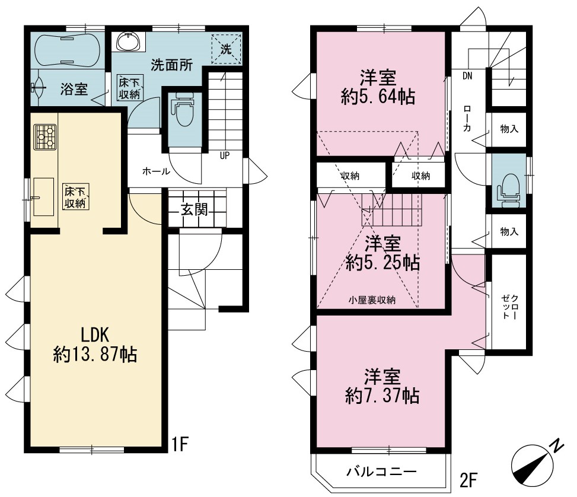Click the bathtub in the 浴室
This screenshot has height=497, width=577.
68,50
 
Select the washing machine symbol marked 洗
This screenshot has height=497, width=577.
227,49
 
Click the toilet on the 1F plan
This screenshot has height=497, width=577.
184,109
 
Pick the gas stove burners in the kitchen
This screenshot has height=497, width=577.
45,137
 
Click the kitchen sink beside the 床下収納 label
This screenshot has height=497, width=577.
43,196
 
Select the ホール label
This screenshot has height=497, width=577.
156,171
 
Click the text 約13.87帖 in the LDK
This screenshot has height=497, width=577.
95,354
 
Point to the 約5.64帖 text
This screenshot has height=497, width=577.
378,97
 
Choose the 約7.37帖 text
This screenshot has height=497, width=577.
382,396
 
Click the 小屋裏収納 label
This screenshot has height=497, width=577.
372,300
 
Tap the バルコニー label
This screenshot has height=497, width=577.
381,471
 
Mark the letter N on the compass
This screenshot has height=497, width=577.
557,446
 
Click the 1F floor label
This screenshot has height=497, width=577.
180,444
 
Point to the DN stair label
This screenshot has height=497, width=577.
467,76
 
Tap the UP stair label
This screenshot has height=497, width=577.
225,156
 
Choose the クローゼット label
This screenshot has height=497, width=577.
510,307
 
